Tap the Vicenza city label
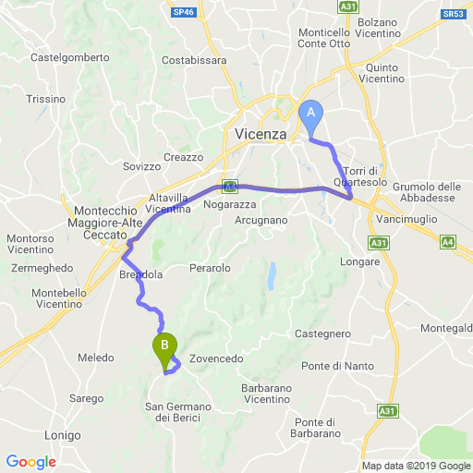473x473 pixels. pyautogui.click(x=261, y=132)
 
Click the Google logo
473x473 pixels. pyautogui.click(x=30, y=462)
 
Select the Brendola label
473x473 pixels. pyautogui.click(x=141, y=275)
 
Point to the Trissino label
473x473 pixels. pyautogui.click(x=46, y=99)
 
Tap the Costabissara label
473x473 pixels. pyautogui.click(x=194, y=60)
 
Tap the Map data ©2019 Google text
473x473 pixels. pyautogui.click(x=415, y=466)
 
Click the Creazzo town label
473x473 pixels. pyautogui.click(x=182, y=157)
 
